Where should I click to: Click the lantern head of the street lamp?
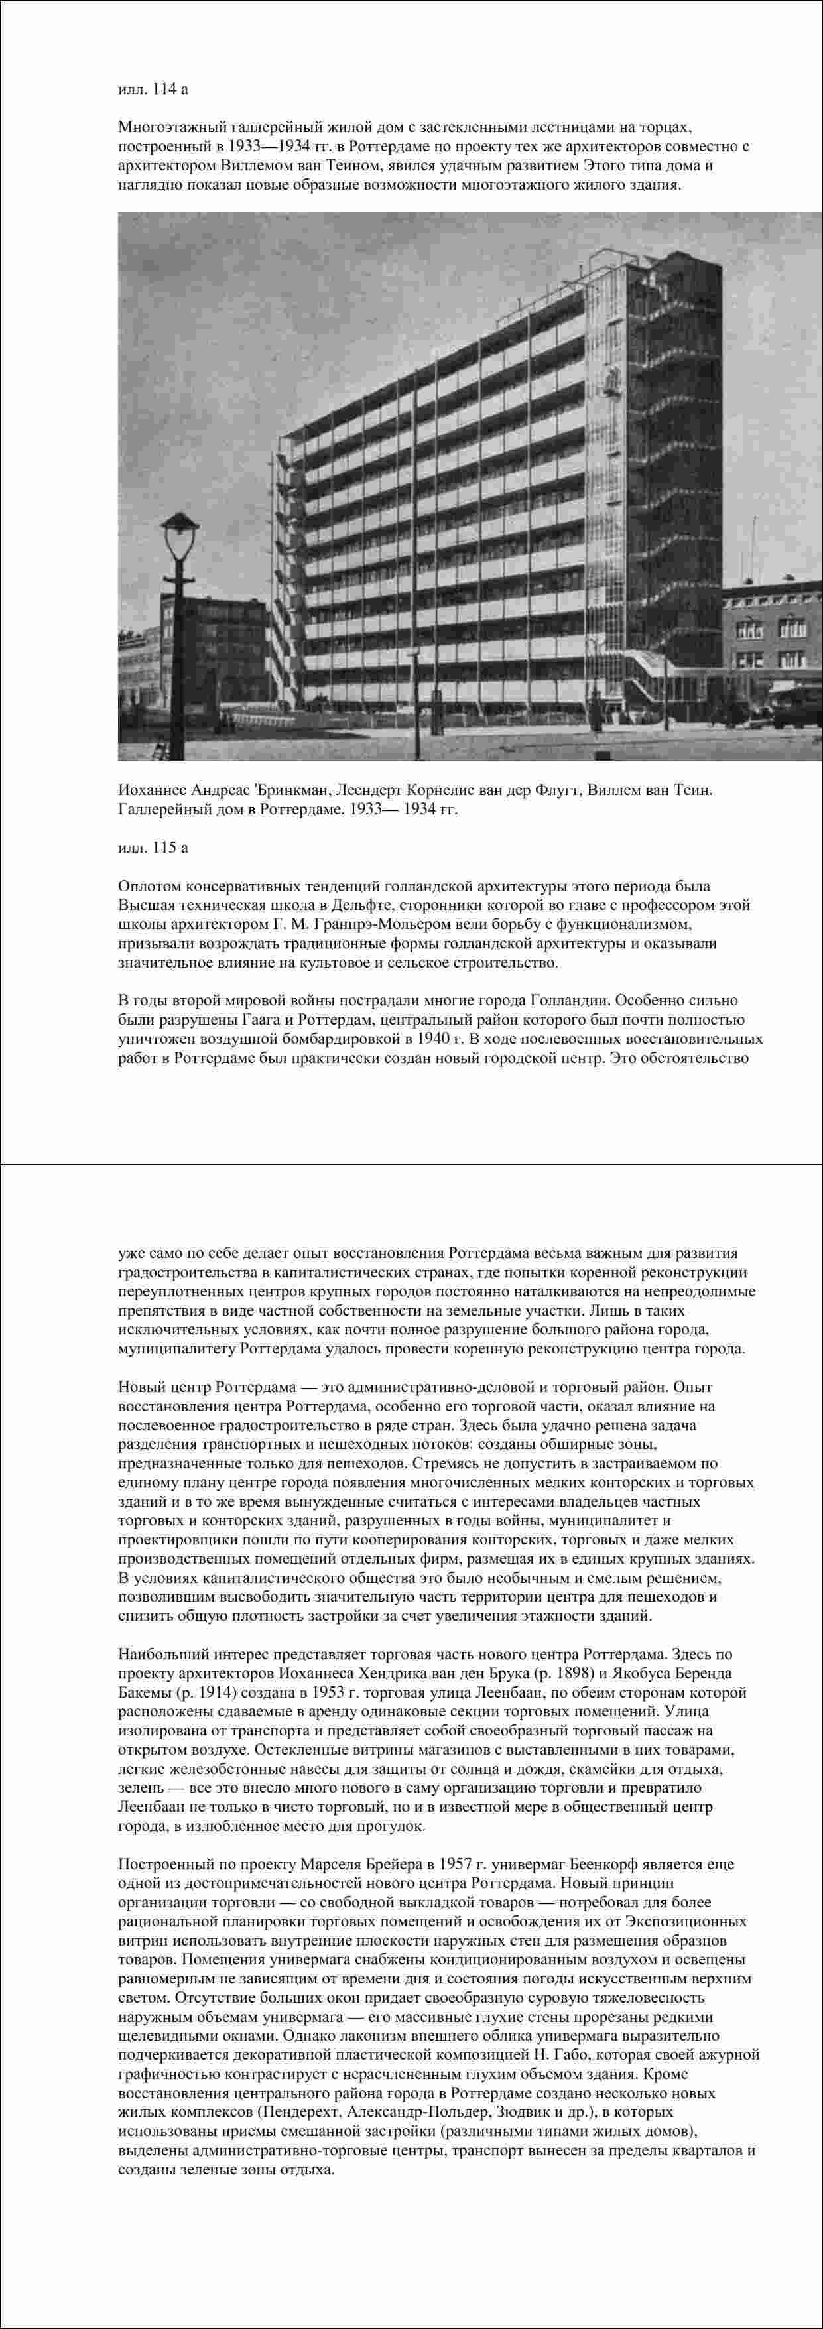(179, 525)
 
